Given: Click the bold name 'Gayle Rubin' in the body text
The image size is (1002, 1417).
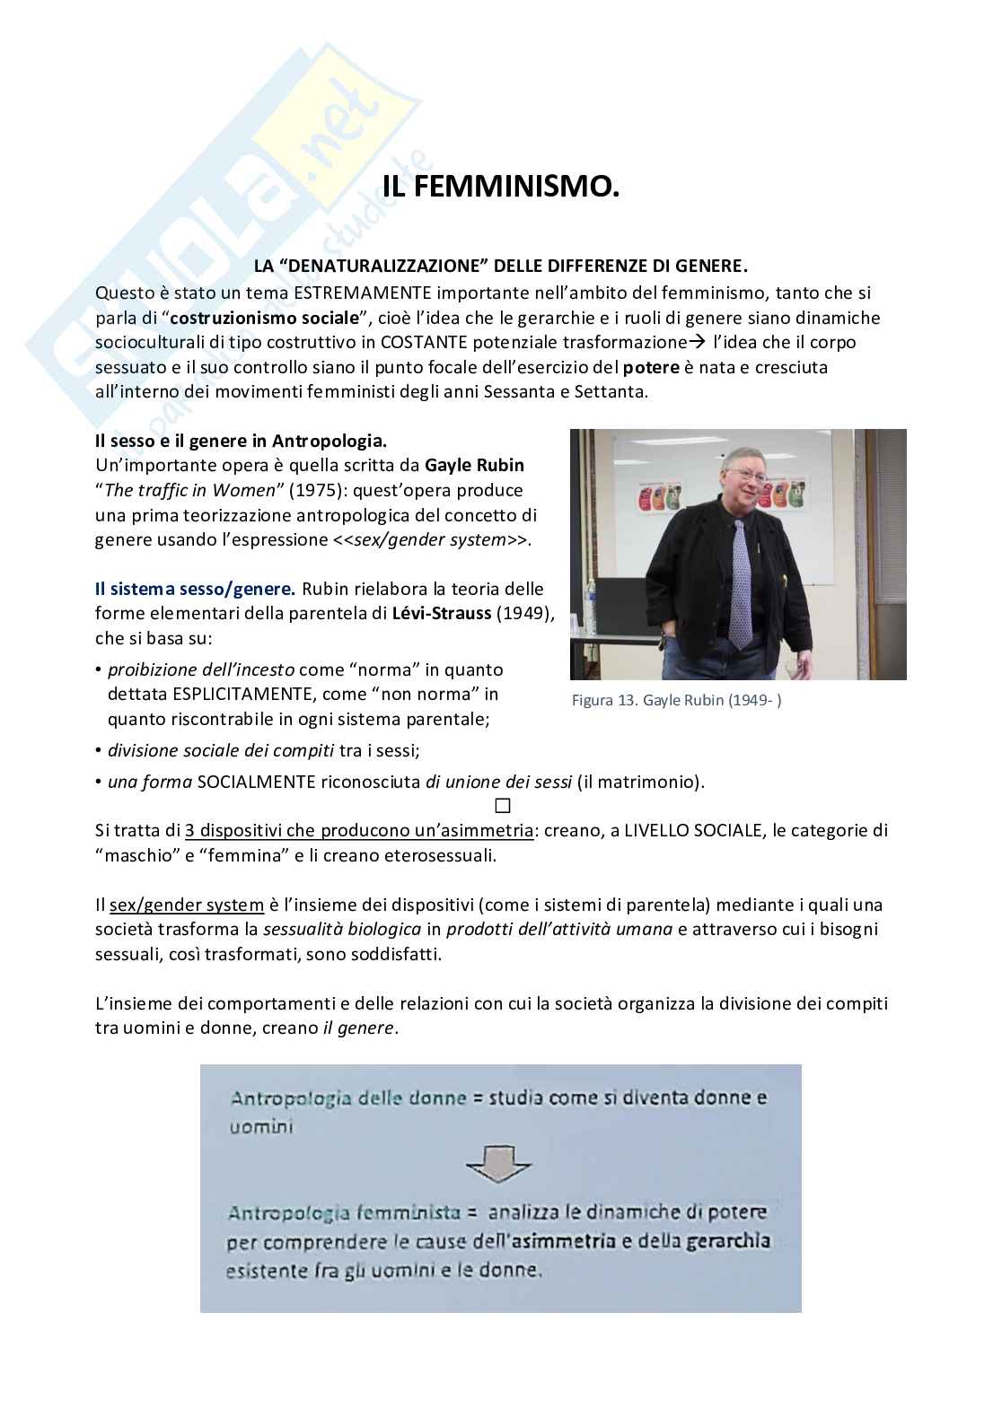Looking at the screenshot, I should (474, 466).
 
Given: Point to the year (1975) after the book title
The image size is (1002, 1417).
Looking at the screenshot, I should (318, 491).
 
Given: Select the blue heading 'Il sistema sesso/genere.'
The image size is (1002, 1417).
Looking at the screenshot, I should (195, 590).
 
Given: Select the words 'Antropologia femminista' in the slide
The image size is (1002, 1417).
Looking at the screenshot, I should (344, 1213).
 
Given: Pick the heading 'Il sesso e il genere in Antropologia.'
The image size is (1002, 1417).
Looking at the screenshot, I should (241, 442).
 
